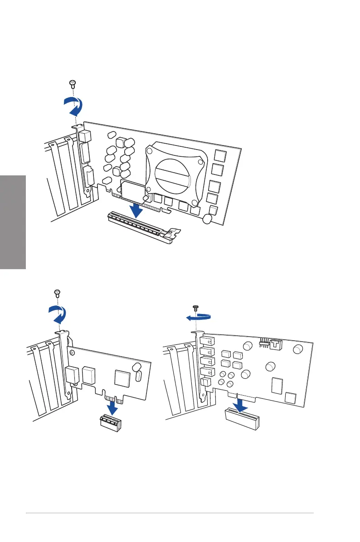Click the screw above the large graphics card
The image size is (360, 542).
click(x=72, y=82)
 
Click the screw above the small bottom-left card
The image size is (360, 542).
click(x=58, y=293)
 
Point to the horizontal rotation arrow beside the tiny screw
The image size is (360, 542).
click(x=199, y=318)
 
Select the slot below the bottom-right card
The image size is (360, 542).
click(x=242, y=418)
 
